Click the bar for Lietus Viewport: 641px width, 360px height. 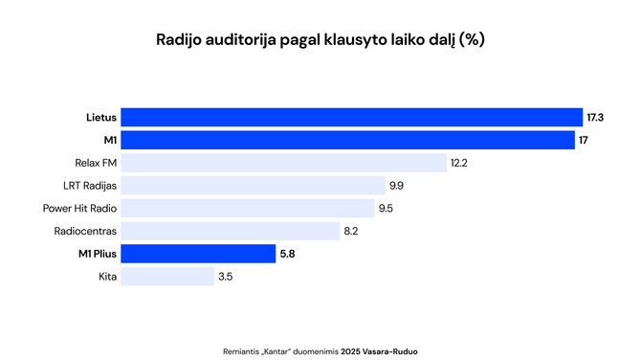tap(352, 117)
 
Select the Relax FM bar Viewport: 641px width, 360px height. tap(284, 163)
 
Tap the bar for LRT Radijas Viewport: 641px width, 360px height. tap(253, 186)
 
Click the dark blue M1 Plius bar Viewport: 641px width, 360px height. tap(198, 254)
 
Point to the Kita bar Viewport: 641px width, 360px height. tap(167, 277)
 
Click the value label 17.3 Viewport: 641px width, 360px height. tap(595, 117)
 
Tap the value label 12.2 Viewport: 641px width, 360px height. tap(459, 163)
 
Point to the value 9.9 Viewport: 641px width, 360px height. tap(396, 186)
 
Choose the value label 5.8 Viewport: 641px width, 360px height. tap(288, 254)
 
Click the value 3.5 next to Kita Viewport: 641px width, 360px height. tap(226, 277)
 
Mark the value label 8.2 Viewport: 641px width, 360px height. tap(352, 231)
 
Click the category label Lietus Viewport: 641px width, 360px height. tap(101, 117)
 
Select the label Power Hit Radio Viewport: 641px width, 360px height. tap(80, 209)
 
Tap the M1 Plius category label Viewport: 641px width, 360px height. tap(98, 254)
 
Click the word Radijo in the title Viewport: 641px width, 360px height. tap(177, 40)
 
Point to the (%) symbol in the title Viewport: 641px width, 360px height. tap(472, 40)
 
